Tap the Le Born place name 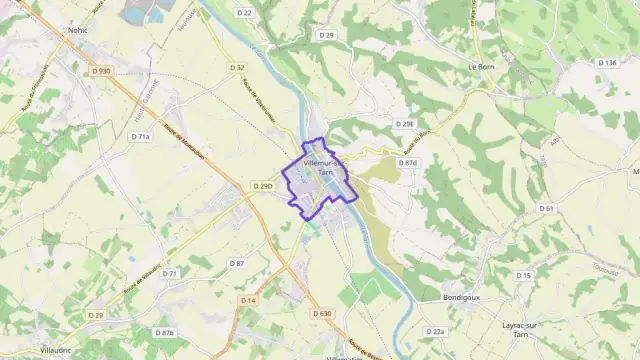click(483, 66)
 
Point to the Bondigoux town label click(462, 297)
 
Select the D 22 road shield click(246, 13)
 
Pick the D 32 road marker click(236, 68)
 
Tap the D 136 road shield click(606, 63)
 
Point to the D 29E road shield click(404, 124)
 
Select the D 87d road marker click(407, 162)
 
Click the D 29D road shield click(263, 186)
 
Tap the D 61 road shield click(546, 208)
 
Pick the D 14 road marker click(249, 300)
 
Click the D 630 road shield click(321, 313)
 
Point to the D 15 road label click(523, 275)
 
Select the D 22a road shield click(434, 331)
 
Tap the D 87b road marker click(164, 332)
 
